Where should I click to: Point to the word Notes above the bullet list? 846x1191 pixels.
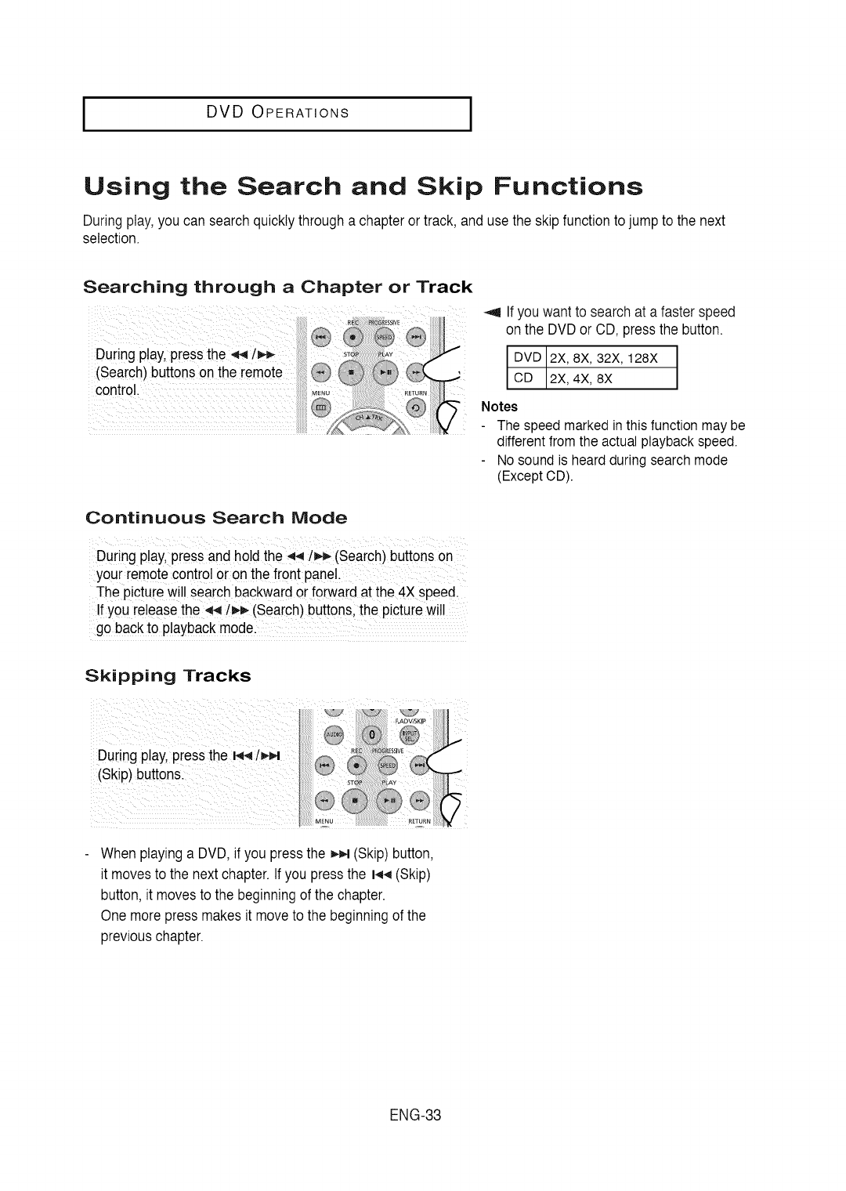(x=499, y=407)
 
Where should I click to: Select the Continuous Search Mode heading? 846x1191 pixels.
(x=215, y=518)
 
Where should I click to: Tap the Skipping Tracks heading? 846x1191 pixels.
(x=168, y=675)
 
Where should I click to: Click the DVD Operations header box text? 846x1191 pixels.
(x=277, y=111)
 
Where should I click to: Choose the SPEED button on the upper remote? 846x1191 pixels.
(x=384, y=336)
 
